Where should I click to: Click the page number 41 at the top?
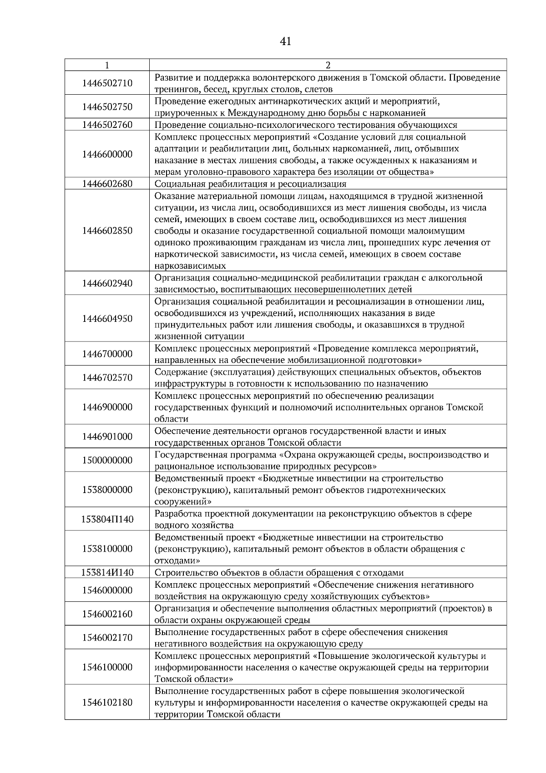(285, 41)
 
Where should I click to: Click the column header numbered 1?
(107, 65)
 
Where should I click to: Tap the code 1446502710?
(107, 83)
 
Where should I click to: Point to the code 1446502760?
(107, 125)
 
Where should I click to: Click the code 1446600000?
(107, 154)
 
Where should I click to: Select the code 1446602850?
(107, 230)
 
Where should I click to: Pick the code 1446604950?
(107, 318)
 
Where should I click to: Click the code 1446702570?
(107, 377)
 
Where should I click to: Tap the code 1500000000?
(107, 460)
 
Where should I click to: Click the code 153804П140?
(107, 519)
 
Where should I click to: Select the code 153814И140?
(107, 572)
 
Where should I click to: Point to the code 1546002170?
(107, 637)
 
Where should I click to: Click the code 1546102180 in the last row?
(107, 702)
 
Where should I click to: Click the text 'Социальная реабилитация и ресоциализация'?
(250, 184)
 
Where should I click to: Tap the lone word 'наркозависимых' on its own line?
(190, 266)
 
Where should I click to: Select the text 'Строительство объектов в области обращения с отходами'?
(279, 573)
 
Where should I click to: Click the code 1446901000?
(107, 437)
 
